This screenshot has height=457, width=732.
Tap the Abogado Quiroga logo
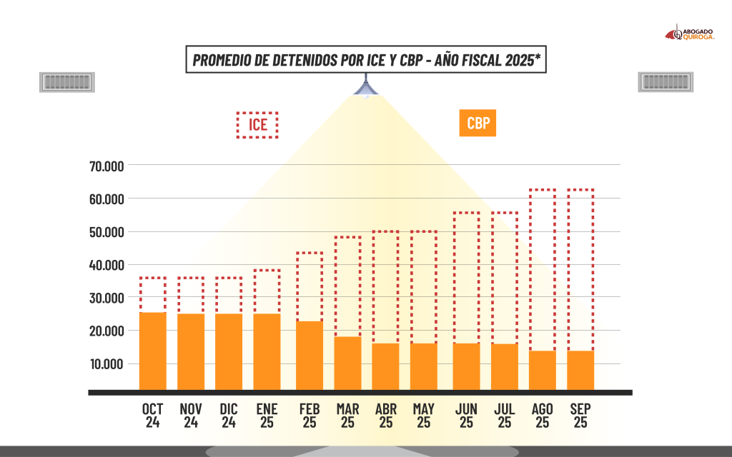[x=690, y=33]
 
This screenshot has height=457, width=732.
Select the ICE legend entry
[x=257, y=125]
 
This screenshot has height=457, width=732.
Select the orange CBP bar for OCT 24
[x=152, y=351]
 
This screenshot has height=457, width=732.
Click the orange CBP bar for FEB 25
[x=309, y=355]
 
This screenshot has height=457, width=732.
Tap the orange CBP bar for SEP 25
[x=580, y=370]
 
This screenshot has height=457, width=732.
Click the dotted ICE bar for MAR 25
[x=347, y=286]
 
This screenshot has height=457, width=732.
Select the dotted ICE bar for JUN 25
[x=466, y=278]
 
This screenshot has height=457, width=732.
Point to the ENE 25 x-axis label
[x=266, y=415]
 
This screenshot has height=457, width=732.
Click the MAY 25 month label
[x=424, y=415]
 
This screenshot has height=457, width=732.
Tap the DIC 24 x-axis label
[x=229, y=415]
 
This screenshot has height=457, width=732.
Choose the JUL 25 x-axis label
[x=505, y=415]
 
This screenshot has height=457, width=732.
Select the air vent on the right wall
[x=666, y=82]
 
